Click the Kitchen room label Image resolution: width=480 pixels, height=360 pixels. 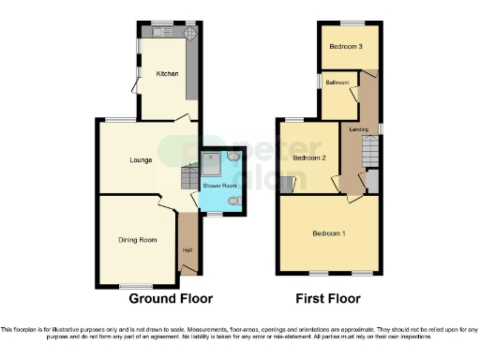[x=167, y=73]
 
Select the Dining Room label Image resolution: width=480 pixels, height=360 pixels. [x=135, y=240]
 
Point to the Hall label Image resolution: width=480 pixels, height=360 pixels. [x=187, y=249]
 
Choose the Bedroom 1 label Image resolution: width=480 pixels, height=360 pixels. [x=329, y=232]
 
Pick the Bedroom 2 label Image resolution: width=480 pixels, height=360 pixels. [x=308, y=158]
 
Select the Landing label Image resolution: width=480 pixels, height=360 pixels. [x=357, y=129]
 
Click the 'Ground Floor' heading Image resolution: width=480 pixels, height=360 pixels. [x=171, y=298]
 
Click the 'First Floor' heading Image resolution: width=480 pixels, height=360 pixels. [x=327, y=298]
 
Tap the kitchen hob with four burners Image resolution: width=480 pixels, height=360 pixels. [x=189, y=33]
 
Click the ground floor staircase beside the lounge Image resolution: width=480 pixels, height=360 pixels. [x=188, y=176]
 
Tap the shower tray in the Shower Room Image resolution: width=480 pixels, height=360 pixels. [x=212, y=163]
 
